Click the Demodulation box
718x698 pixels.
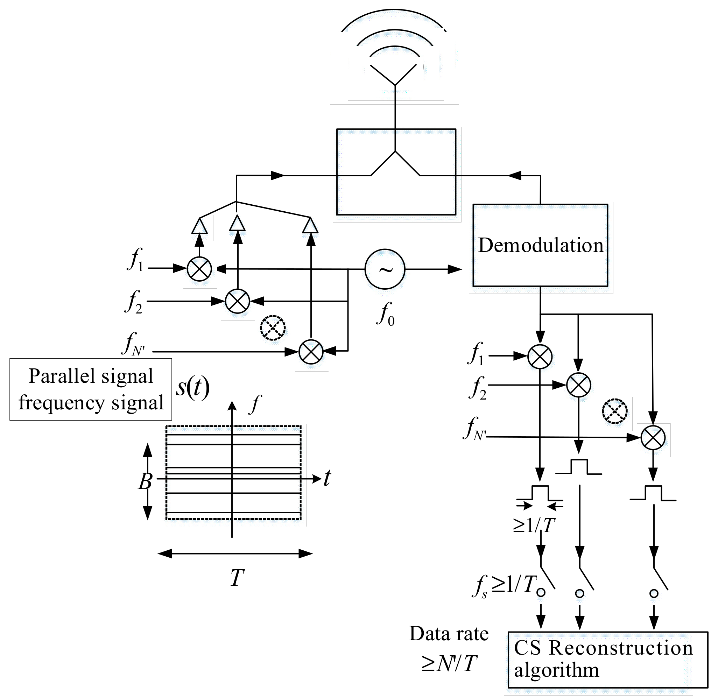pos(540,245)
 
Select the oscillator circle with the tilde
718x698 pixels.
pos(385,269)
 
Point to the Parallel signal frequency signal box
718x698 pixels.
pos(91,389)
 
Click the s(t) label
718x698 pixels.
pos(192,388)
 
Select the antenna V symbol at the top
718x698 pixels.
pos(395,75)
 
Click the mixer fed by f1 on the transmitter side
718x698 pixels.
pos(199,269)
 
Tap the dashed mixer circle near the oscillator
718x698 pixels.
pos(273,327)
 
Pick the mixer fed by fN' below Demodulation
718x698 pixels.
pos(653,438)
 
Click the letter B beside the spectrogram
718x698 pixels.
pos(145,481)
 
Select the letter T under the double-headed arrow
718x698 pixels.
pos(237,578)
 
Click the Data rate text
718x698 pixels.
pos(449,634)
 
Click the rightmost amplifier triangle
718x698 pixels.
pos(310,225)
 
